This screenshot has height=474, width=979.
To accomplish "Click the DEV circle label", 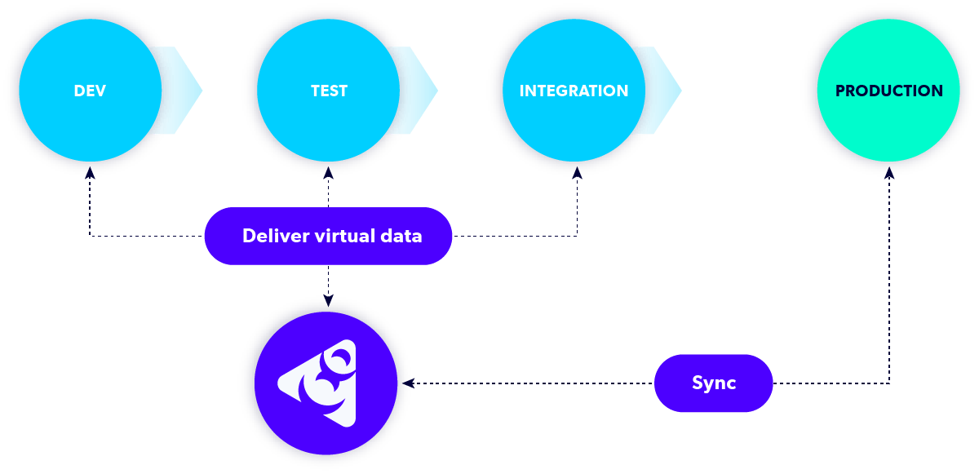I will coord(90,91).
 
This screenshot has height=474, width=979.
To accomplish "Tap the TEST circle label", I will coord(329,91).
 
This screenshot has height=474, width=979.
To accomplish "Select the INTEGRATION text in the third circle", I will coord(574,91).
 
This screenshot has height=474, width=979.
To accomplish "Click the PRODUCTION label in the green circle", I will coord(888,91).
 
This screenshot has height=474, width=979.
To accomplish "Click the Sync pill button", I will coord(713,383).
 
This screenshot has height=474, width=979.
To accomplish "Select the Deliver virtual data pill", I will coord(328,236).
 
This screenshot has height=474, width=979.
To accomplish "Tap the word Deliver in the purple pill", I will coord(275,236).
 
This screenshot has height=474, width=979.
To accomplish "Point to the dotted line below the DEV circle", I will coord(89,208).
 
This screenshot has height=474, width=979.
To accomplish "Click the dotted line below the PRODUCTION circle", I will coord(889,277).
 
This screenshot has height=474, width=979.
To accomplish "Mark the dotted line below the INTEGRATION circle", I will coord(577,208).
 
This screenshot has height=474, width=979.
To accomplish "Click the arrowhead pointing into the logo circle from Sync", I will coord(413,383).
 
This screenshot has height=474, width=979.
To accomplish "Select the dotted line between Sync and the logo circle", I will coord(530,383).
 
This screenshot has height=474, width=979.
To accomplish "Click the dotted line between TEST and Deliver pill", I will coord(328,193).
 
